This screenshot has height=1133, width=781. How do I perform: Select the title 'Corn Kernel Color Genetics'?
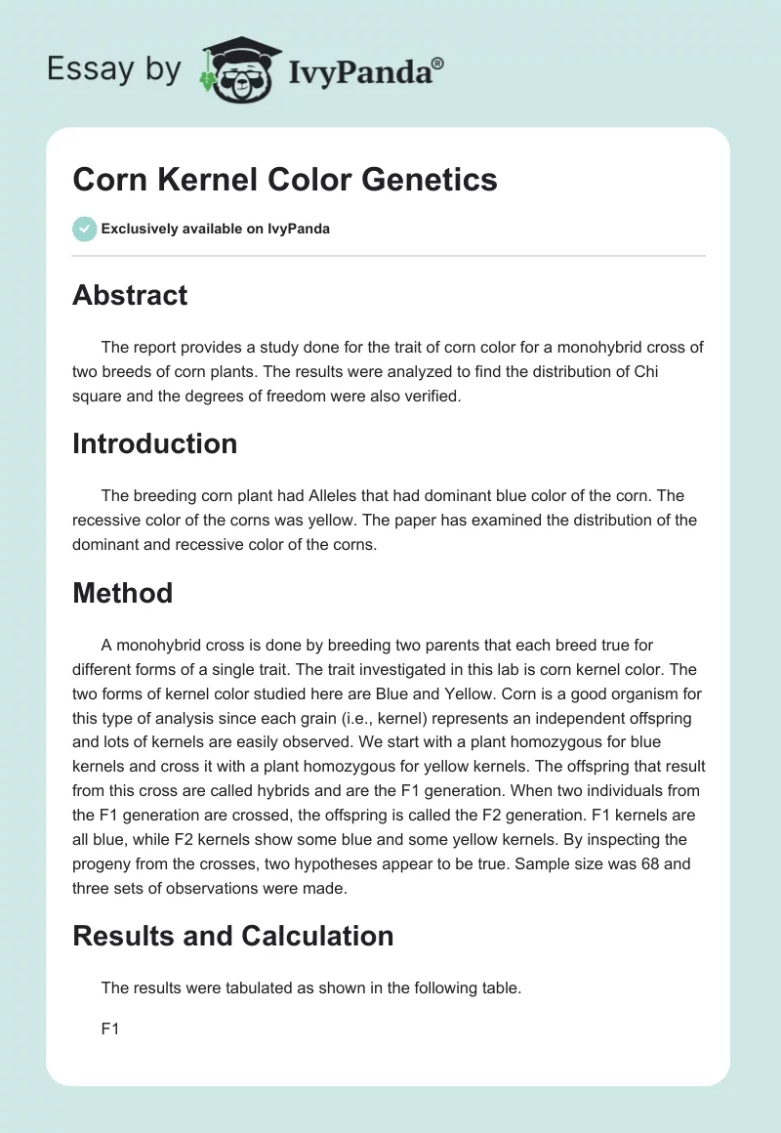pyautogui.click(x=285, y=180)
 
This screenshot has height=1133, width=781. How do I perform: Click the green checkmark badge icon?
pyautogui.click(x=84, y=229)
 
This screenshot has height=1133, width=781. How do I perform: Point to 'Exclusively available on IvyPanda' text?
pyautogui.click(x=215, y=229)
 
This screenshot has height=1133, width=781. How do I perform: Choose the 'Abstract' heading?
pyautogui.click(x=130, y=295)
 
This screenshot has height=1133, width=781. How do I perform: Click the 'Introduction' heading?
pyautogui.click(x=154, y=442)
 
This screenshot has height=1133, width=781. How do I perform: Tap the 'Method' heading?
pyautogui.click(x=122, y=592)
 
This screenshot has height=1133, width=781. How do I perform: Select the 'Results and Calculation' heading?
pyautogui.click(x=232, y=935)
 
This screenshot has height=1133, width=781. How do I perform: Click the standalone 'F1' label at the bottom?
pyautogui.click(x=109, y=1028)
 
